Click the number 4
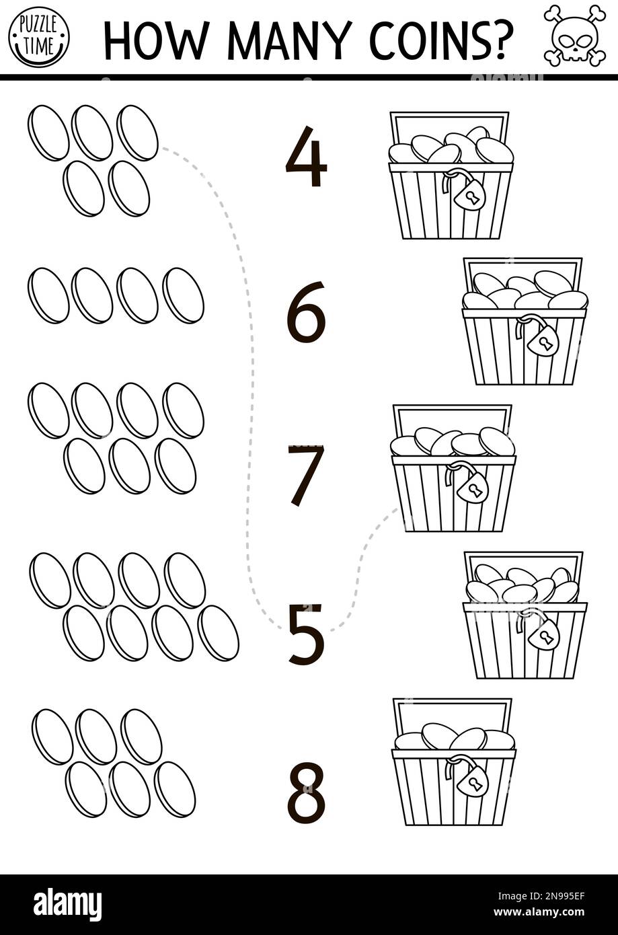(x=306, y=157)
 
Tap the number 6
(x=306, y=312)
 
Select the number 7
(x=306, y=474)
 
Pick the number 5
(x=306, y=634)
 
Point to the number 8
(x=306, y=792)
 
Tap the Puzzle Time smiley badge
(x=38, y=36)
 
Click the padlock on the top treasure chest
(x=469, y=194)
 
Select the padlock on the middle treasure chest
(x=472, y=486)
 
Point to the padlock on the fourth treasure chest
(x=543, y=634)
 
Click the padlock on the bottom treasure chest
(x=472, y=780)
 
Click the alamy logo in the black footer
(x=67, y=904)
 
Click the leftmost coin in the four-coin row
(x=48, y=295)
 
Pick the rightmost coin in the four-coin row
(x=183, y=295)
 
